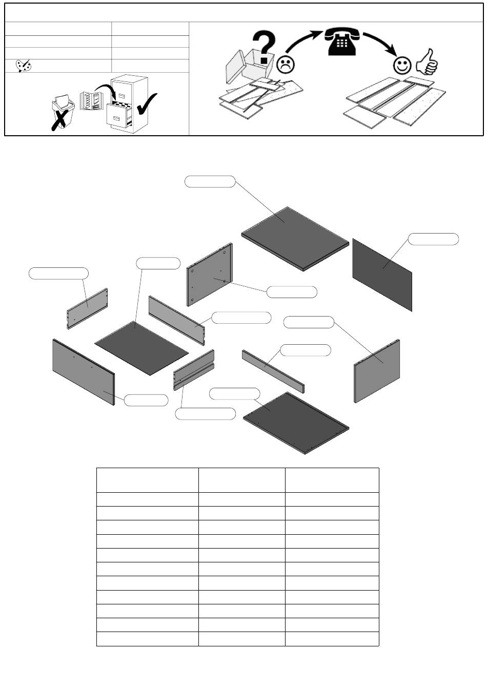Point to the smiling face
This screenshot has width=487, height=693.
pyautogui.click(x=402, y=65)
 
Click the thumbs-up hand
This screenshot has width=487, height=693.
pyautogui.click(x=427, y=62)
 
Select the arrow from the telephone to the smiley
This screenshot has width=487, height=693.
pyautogui.click(x=380, y=43)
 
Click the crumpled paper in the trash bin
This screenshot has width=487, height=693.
pyautogui.click(x=63, y=98)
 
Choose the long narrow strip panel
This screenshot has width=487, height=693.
pyautogui.click(x=273, y=370)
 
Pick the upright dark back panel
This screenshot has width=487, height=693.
pyautogui.click(x=382, y=274)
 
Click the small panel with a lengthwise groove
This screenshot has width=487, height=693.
pyautogui.click(x=193, y=370)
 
